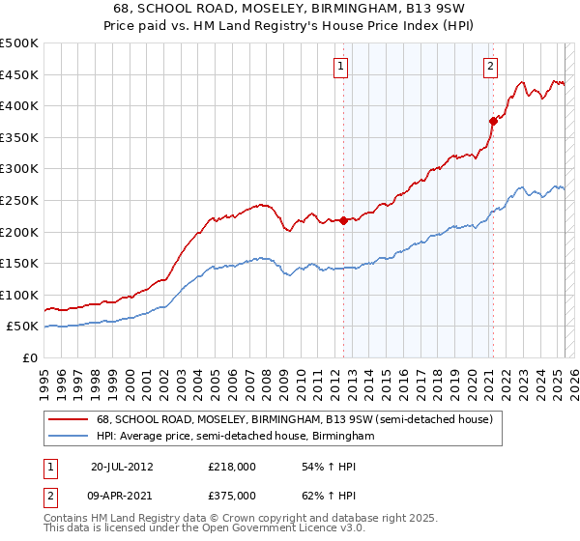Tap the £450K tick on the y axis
pyautogui.click(x=19, y=74)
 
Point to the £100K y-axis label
pyautogui.click(x=19, y=295)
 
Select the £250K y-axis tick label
pyautogui.click(x=19, y=200)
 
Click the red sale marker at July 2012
pyautogui.click(x=343, y=220)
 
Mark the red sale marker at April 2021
pyautogui.click(x=493, y=121)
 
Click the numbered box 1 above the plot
pyautogui.click(x=342, y=67)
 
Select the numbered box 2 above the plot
pyautogui.click(x=491, y=67)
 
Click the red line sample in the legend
pyautogui.click(x=69, y=419)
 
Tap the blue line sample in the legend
pyautogui.click(x=69, y=437)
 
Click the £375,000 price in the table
pyautogui.click(x=232, y=496)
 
